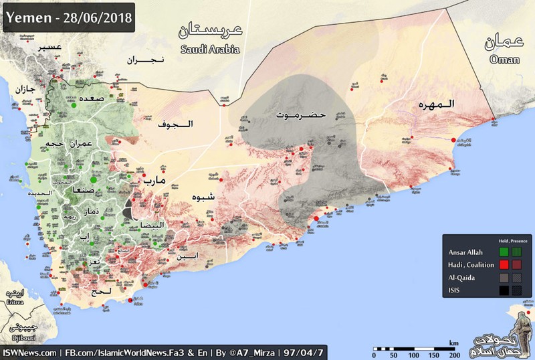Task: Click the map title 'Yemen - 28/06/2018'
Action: click(69, 14)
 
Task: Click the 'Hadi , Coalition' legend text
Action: click(469, 265)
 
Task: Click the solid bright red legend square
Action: click(503, 265)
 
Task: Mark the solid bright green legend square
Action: click(503, 252)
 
